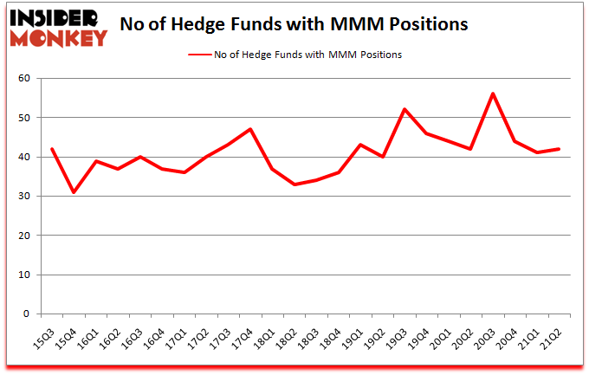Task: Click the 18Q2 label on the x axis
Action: click(x=295, y=333)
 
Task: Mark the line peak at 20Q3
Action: click(x=492, y=94)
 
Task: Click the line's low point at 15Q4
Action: click(x=73, y=192)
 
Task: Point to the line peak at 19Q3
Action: click(x=404, y=109)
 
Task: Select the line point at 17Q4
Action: click(x=249, y=129)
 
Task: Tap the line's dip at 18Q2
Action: click(x=294, y=184)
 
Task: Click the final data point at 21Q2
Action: click(x=559, y=149)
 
